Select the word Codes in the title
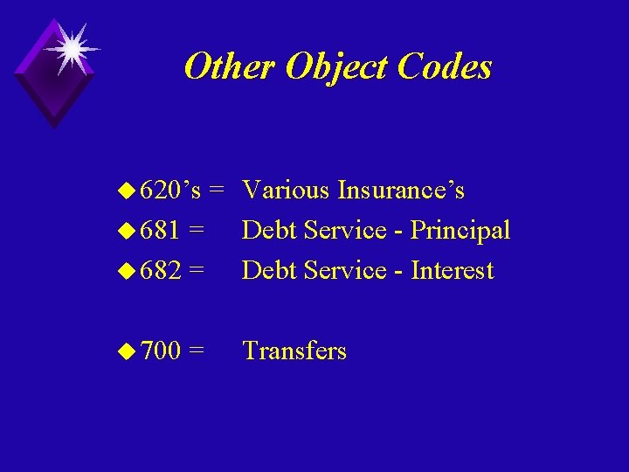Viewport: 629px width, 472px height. coord(444,66)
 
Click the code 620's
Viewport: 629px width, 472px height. coord(171,190)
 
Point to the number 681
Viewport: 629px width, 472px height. coord(161,230)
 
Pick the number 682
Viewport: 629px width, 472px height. coord(161,270)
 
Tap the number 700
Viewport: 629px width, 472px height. coord(161,351)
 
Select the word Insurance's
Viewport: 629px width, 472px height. coord(401,190)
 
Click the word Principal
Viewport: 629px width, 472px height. coord(460,231)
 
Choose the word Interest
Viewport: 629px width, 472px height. coord(453,270)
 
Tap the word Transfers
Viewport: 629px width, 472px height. coord(294,351)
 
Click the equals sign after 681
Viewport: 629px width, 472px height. coord(197,231)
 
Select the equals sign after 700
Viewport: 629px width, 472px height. coord(197,351)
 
